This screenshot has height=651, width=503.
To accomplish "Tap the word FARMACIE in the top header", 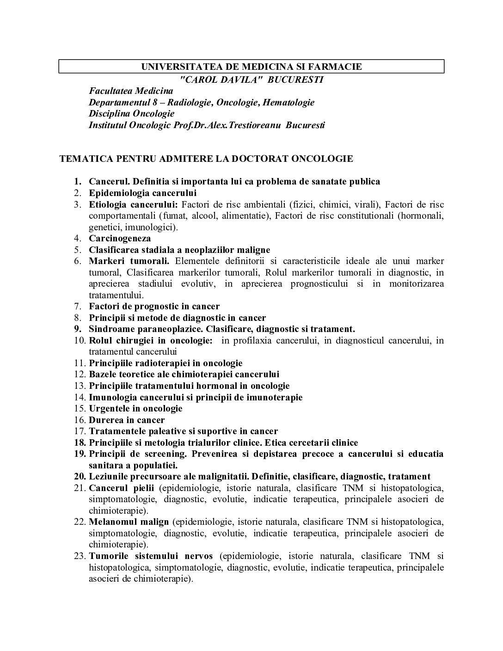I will click(340, 67).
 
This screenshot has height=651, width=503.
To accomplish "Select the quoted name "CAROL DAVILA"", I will click(221, 80).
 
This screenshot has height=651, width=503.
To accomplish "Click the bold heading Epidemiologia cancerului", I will click(143, 193).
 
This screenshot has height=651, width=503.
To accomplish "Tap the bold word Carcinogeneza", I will click(120, 239).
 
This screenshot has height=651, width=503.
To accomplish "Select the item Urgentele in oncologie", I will click(135, 409).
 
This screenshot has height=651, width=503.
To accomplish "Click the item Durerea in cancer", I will click(127, 420).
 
